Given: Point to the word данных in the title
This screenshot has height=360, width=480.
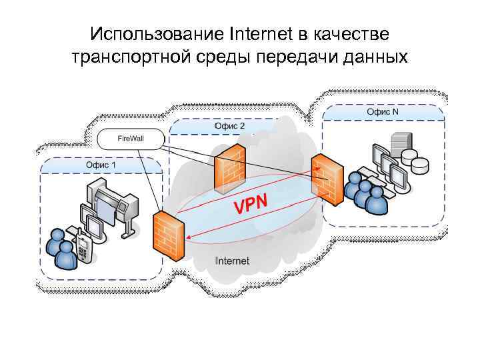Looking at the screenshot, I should (376, 57).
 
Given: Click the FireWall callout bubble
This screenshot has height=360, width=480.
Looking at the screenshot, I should (131, 138).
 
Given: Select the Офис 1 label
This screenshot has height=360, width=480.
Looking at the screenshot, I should (100, 165).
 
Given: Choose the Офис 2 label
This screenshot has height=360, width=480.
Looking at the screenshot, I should (229, 126).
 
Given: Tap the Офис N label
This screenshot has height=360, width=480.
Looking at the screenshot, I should (383, 111).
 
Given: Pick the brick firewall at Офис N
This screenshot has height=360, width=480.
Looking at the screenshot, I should (326, 177).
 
